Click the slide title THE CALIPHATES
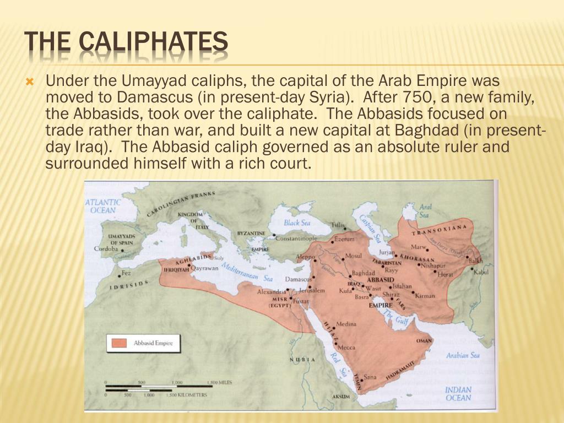[x=126, y=43]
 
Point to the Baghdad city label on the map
[x=363, y=273]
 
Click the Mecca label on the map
[x=346, y=348]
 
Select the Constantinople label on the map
[x=296, y=238]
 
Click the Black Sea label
[x=297, y=223]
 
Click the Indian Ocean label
[x=458, y=394]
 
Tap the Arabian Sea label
[x=463, y=355]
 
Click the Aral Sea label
[x=425, y=211]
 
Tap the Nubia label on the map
[x=302, y=360]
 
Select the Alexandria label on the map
[x=272, y=291]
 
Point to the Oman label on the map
[x=424, y=341]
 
